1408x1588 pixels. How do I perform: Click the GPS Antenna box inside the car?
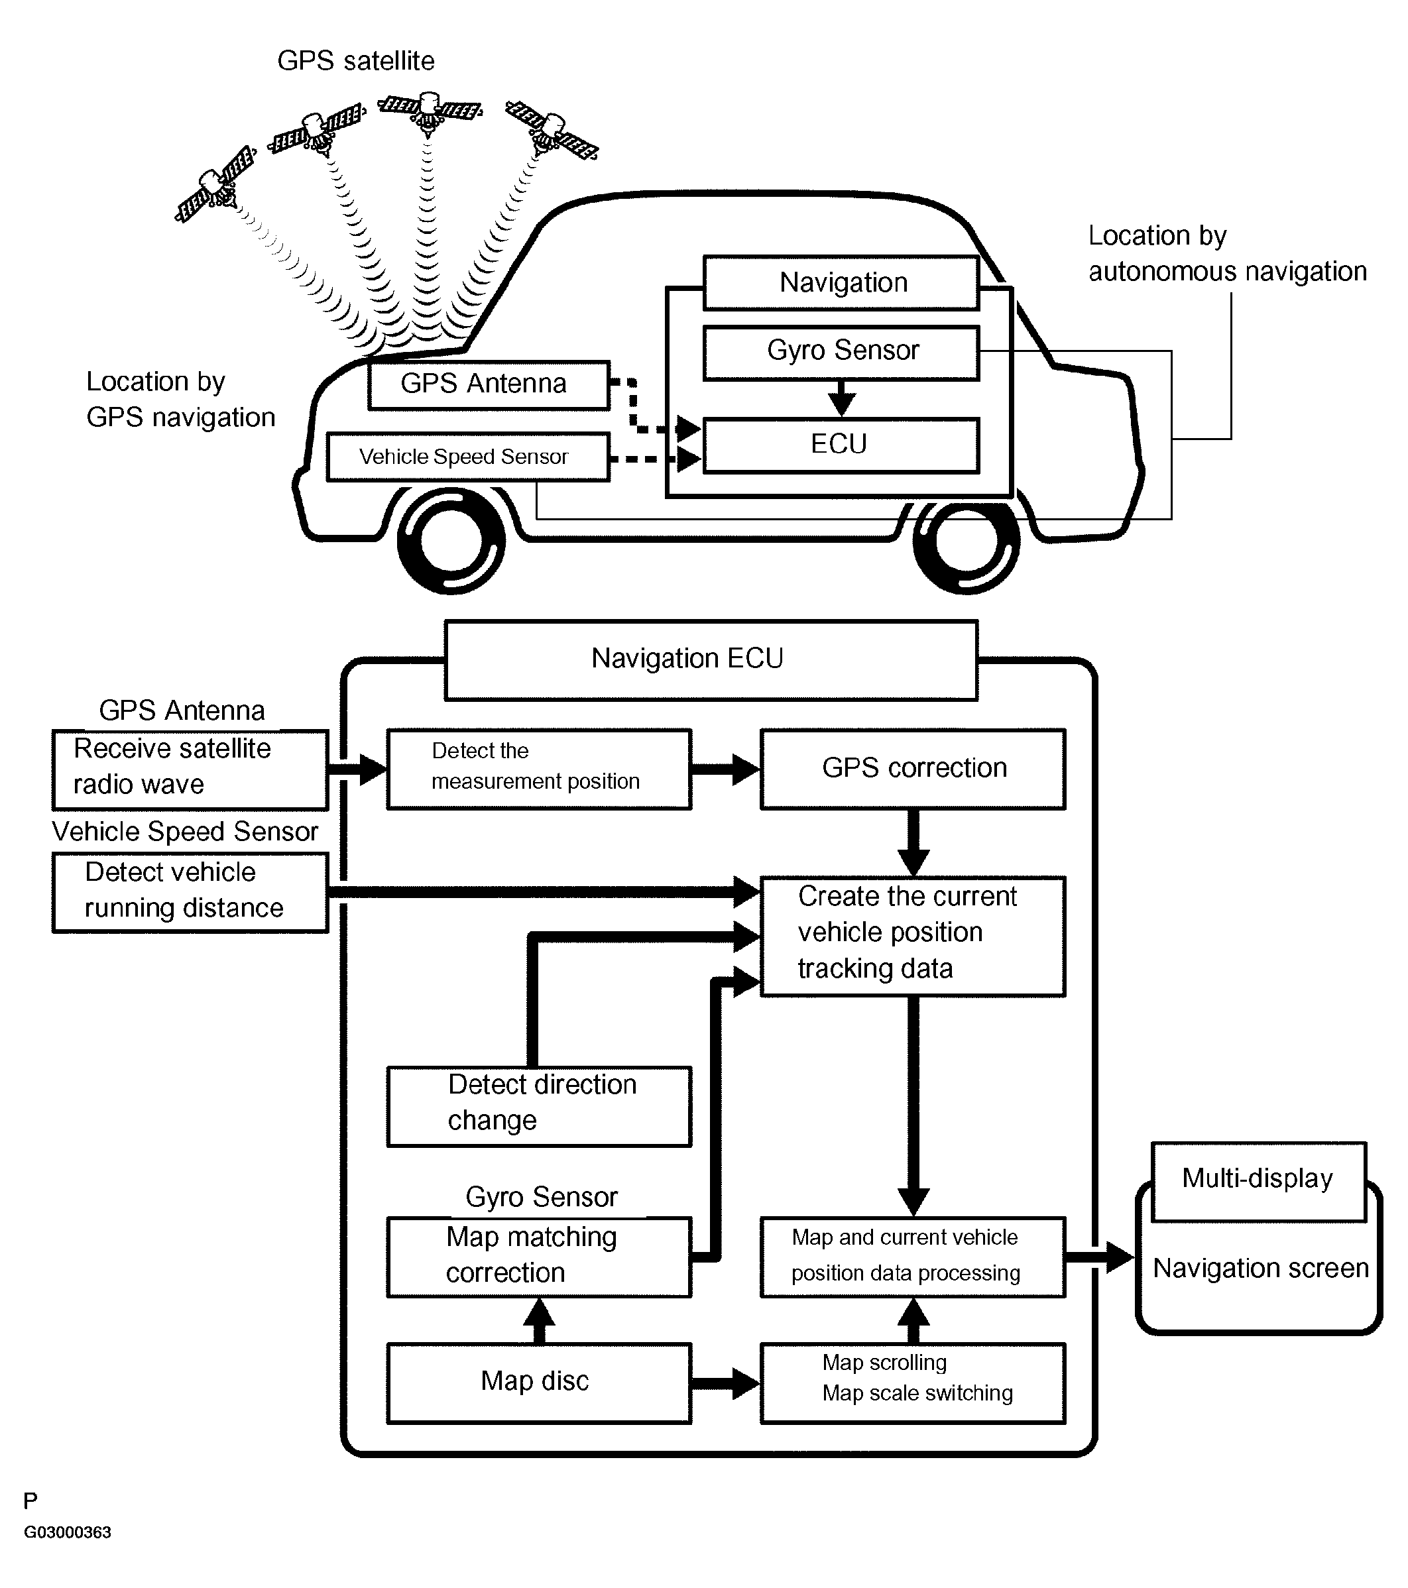click(489, 384)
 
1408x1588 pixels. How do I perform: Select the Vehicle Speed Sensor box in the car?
click(468, 457)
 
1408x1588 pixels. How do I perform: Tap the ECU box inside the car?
click(841, 445)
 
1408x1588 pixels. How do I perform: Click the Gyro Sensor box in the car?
click(841, 353)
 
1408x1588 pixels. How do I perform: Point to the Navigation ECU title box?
click(711, 659)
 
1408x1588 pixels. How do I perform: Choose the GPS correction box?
click(913, 768)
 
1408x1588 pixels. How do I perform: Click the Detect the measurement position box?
click(539, 768)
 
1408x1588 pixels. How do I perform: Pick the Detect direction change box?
click(539, 1106)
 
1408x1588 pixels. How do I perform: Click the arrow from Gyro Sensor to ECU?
click(841, 398)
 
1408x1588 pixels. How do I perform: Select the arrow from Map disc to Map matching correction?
click(539, 1320)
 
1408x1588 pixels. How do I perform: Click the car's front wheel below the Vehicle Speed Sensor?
click(451, 540)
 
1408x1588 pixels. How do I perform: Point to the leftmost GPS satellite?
click(216, 185)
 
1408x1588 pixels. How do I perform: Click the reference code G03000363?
click(68, 1532)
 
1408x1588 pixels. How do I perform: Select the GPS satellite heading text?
click(356, 60)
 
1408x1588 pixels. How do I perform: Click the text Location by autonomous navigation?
click(1228, 253)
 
